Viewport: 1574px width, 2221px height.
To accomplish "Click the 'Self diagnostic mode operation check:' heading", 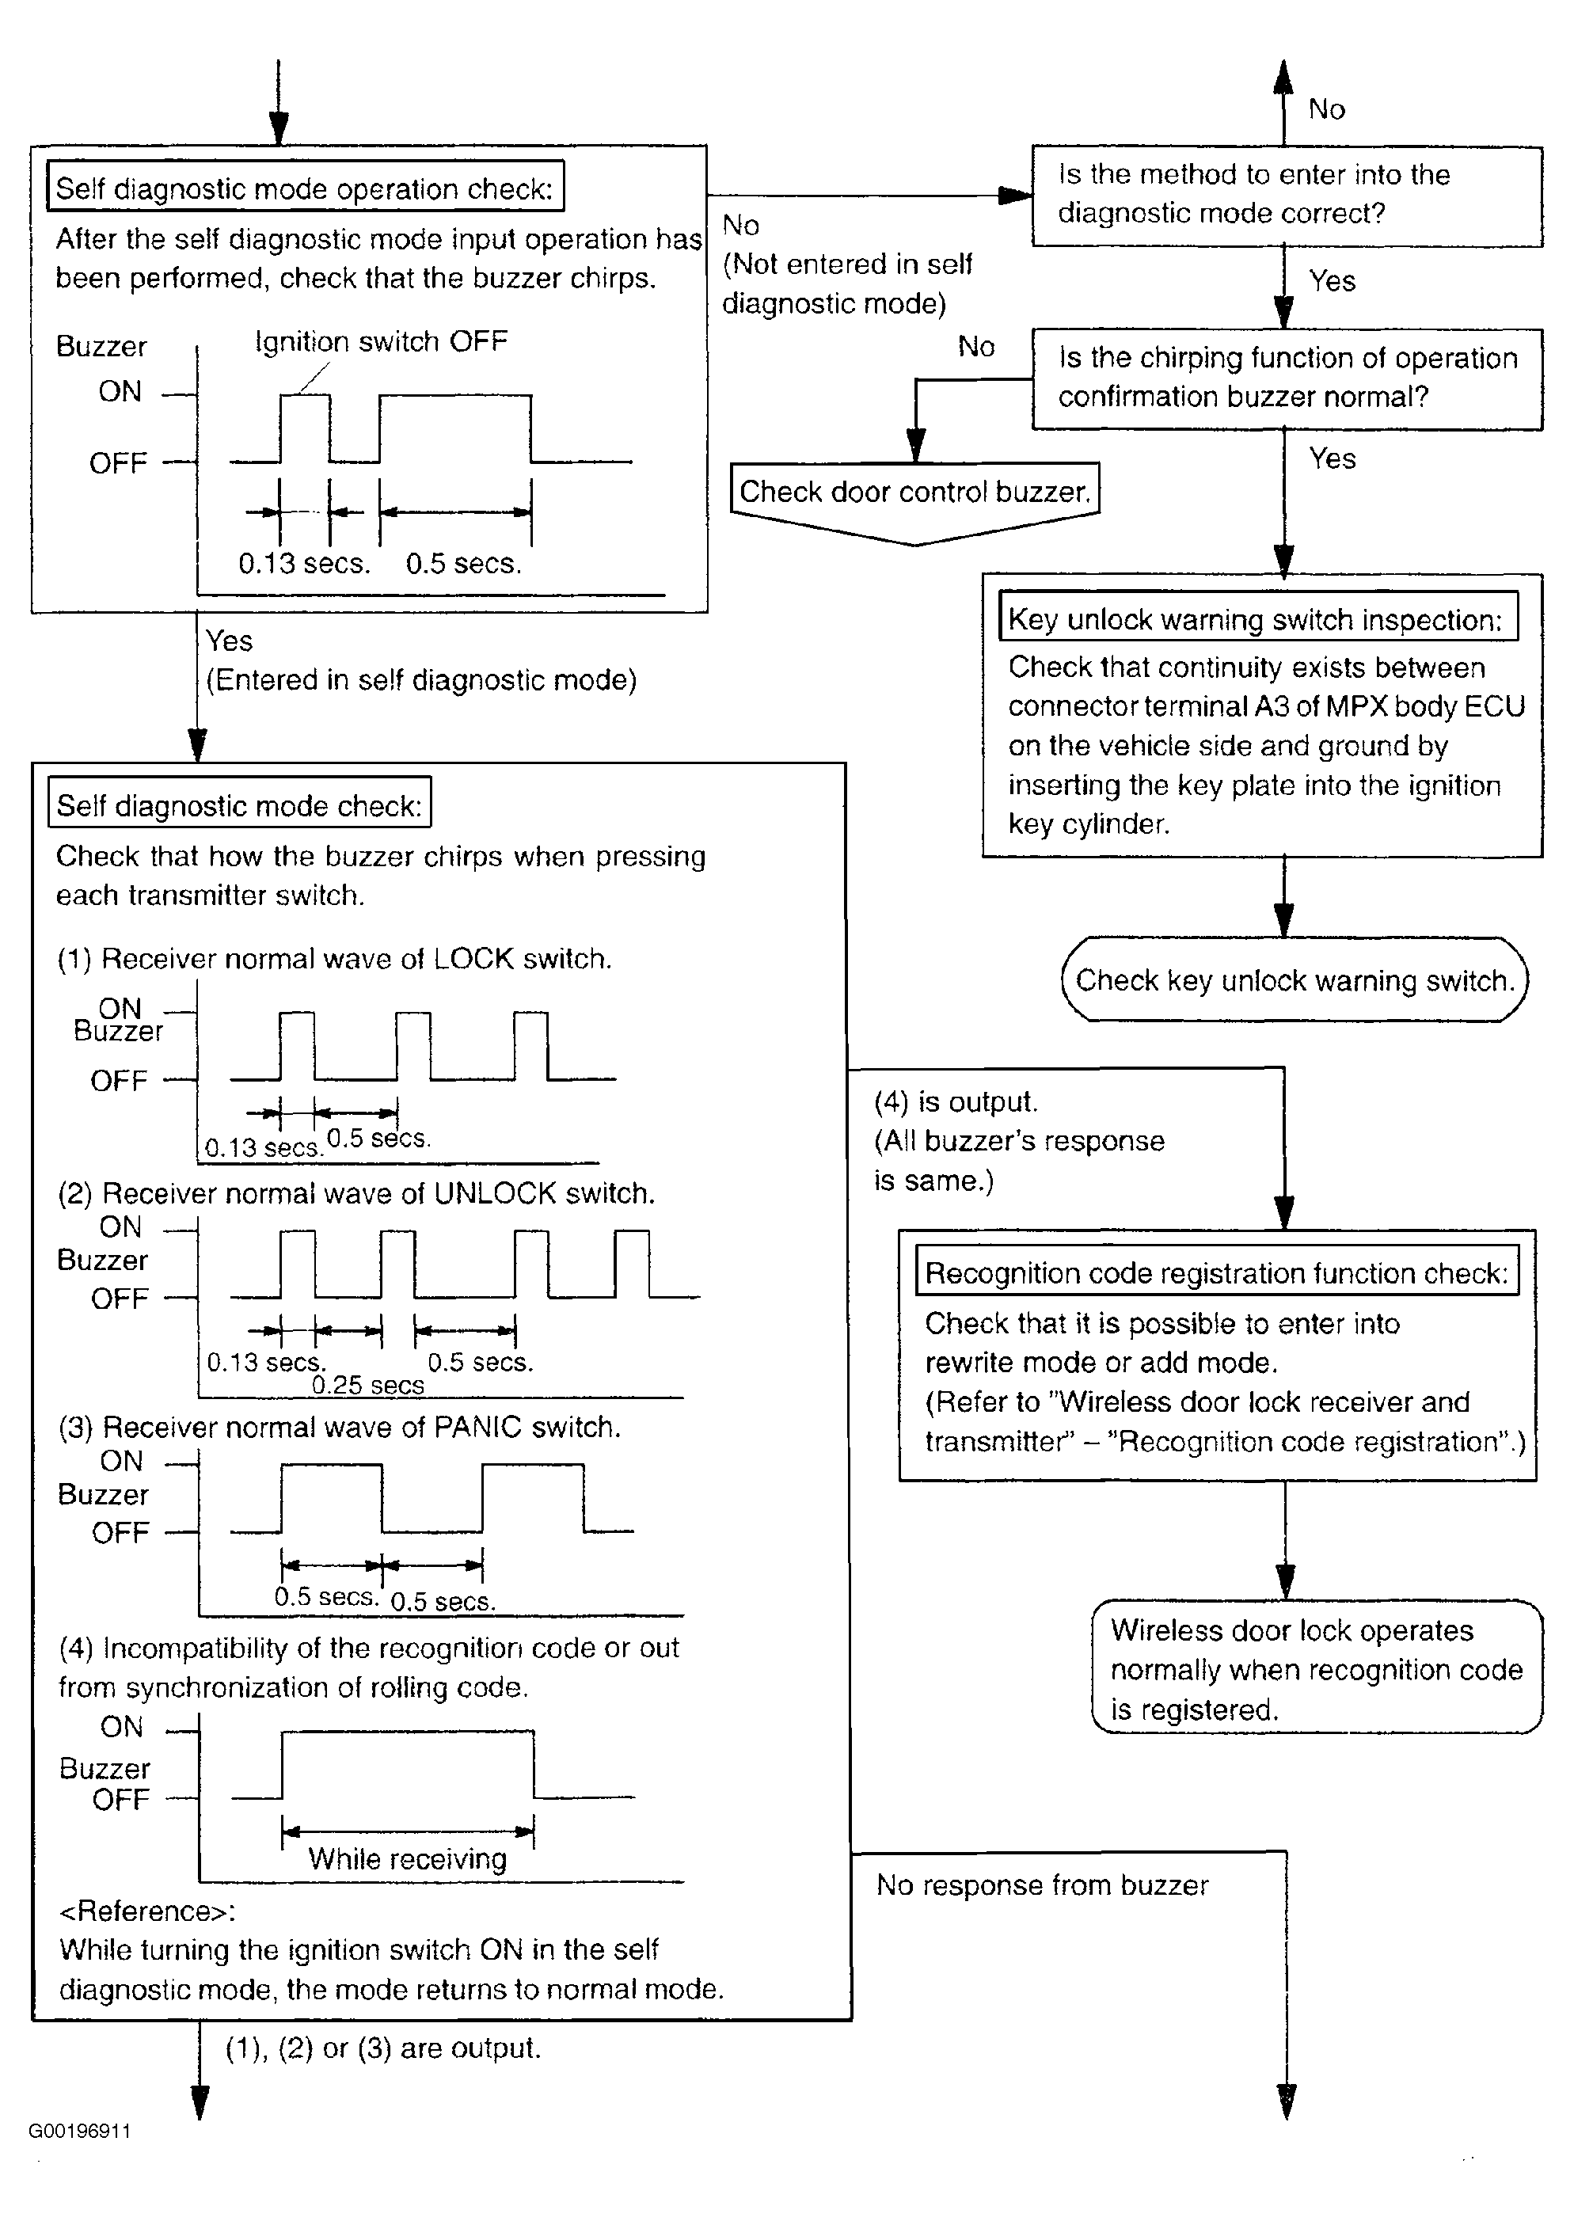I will (304, 188).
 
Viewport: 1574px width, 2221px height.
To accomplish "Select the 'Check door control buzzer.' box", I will (914, 492).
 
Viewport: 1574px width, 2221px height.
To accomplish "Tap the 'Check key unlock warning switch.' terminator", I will (1294, 981).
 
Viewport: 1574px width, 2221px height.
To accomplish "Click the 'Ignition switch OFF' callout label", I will (381, 342).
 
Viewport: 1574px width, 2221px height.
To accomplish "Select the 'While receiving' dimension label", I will (407, 1858).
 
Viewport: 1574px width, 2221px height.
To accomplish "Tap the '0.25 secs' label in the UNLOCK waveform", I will (367, 1386).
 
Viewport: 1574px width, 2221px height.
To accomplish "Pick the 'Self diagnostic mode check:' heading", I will (239, 806).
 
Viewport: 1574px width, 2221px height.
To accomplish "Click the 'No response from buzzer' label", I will (1042, 1884).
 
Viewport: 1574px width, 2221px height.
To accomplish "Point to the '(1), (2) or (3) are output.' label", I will (383, 2048).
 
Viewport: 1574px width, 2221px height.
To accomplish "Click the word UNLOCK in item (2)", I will (494, 1193).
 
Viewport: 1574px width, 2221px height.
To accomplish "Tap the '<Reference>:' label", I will (147, 1911).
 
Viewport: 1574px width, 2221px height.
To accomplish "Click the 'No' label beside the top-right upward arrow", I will (1326, 109).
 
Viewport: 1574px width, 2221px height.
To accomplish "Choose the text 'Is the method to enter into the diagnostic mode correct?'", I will (1253, 194).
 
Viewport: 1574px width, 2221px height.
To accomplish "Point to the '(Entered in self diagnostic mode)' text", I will (420, 680).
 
